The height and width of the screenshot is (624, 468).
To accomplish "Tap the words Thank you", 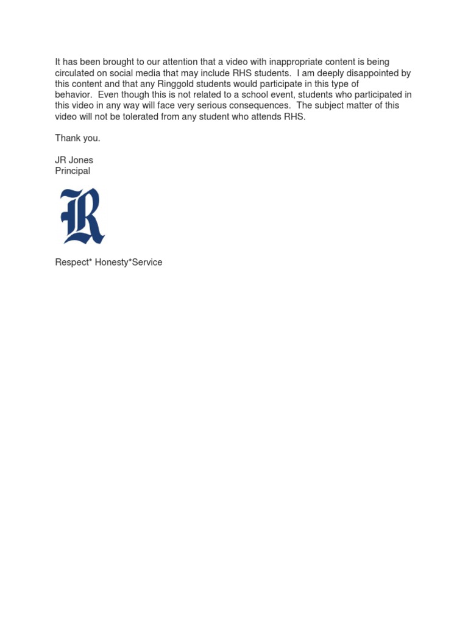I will click(x=77, y=138).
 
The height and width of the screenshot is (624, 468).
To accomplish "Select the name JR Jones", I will click(x=74, y=160).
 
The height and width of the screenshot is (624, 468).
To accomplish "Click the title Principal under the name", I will click(x=73, y=171).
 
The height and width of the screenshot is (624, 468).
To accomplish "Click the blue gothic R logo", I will click(x=82, y=216).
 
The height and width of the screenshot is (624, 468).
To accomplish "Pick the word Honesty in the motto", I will click(x=112, y=263).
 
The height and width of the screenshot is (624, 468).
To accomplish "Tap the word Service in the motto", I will click(x=147, y=263).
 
